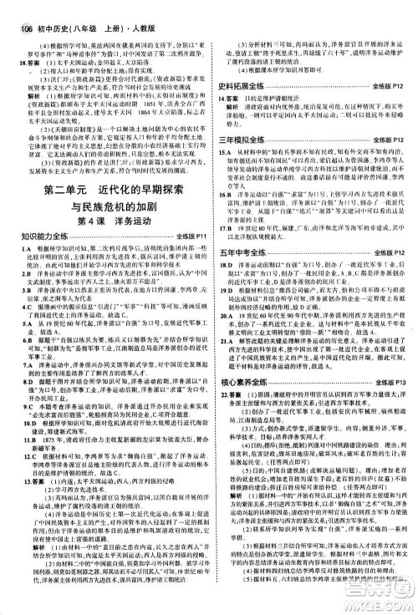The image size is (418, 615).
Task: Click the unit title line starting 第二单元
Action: [x=104, y=206]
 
